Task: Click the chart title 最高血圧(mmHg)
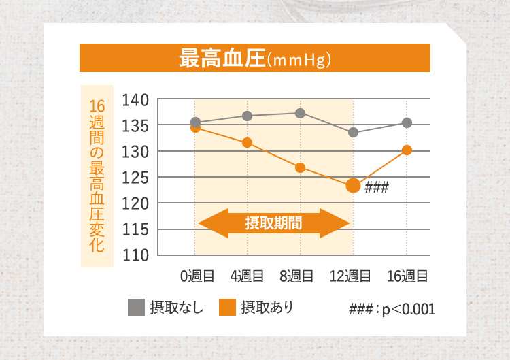click(254, 59)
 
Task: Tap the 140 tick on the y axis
click(135, 101)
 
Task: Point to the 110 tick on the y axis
click(135, 255)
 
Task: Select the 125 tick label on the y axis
click(135, 178)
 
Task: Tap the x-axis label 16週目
click(407, 276)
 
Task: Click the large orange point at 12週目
click(353, 185)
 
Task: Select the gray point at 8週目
click(300, 113)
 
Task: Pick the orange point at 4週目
click(248, 142)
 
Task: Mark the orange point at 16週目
click(407, 150)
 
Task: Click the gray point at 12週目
click(353, 132)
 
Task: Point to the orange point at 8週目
click(300, 167)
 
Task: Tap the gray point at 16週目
click(407, 122)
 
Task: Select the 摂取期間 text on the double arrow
click(273, 223)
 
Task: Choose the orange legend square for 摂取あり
click(228, 308)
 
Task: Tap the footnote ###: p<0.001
click(392, 309)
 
